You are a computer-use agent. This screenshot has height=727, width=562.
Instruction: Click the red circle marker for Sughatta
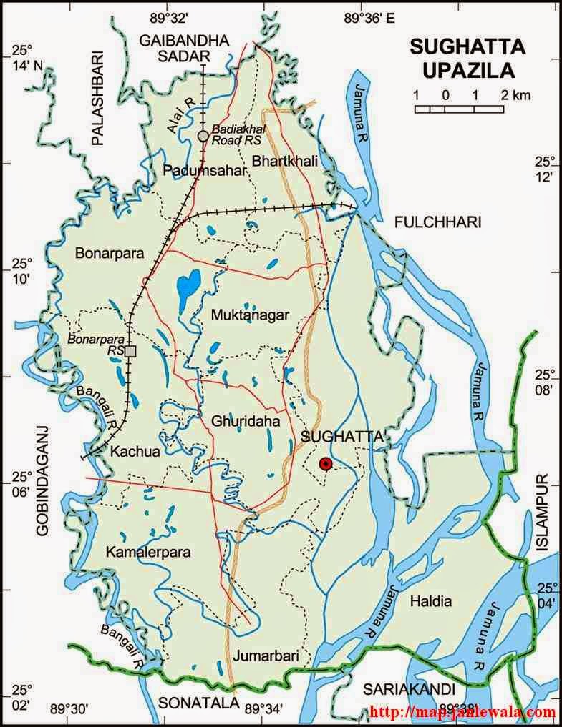[326, 463]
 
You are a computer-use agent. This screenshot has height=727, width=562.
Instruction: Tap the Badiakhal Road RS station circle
[203, 136]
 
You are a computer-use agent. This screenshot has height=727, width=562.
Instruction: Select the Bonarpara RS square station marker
[130, 351]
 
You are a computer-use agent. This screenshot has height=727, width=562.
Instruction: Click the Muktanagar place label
[250, 314]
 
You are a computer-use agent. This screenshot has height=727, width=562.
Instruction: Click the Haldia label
[431, 601]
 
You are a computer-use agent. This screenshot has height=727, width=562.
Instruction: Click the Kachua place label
[129, 451]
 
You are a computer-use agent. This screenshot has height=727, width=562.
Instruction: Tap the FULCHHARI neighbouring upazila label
[437, 223]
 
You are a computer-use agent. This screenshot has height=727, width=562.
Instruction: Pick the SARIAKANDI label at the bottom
[408, 689]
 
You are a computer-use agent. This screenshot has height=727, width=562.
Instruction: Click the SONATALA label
[198, 703]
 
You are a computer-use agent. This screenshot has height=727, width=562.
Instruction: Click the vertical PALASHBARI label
[98, 97]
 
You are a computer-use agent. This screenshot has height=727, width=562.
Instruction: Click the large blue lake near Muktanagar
[188, 286]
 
